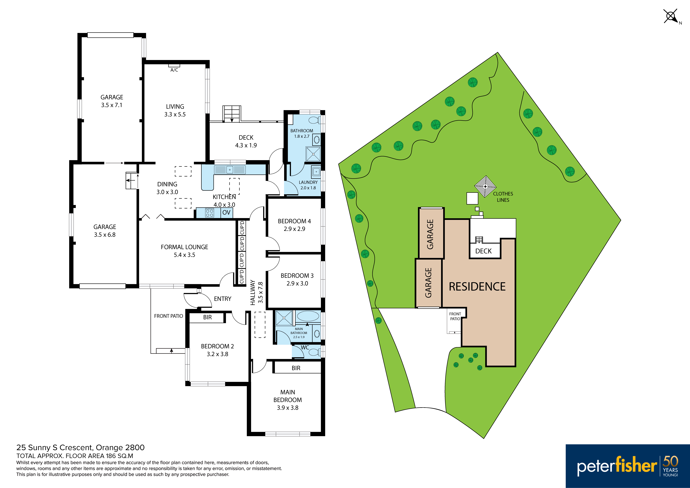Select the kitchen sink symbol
230,170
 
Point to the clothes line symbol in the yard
485,187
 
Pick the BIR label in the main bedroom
296,368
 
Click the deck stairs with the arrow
232,114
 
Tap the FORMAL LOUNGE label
185,247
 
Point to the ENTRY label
223,299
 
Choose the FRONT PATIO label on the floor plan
169,316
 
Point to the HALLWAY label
253,293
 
